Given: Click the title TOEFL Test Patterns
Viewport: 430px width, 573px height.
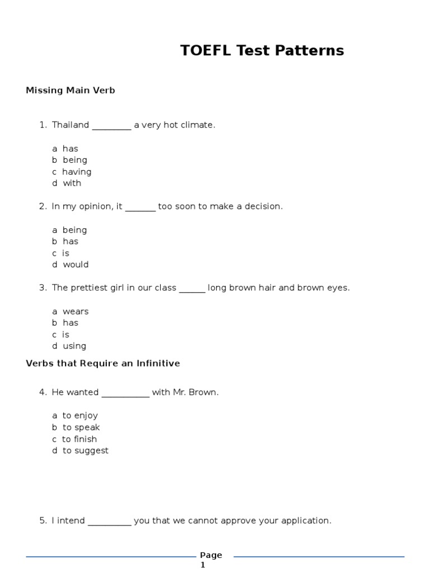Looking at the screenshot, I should click(x=262, y=51).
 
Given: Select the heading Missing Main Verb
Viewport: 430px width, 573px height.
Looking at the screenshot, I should click(x=71, y=91).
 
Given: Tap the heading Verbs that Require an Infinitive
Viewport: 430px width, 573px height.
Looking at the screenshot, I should click(x=103, y=364).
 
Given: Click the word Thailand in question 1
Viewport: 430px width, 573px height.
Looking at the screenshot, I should click(x=71, y=125).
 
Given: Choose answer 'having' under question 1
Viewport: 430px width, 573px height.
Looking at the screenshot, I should click(x=77, y=172).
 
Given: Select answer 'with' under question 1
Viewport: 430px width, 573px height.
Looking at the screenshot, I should click(x=72, y=184).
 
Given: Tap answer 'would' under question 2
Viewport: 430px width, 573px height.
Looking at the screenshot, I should click(x=76, y=265).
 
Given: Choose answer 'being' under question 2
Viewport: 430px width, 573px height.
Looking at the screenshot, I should click(x=74, y=230).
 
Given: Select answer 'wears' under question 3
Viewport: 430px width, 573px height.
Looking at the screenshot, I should click(x=76, y=312).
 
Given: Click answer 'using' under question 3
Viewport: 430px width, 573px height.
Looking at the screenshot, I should click(x=74, y=346).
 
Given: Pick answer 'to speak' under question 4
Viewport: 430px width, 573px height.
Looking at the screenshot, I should click(x=81, y=428).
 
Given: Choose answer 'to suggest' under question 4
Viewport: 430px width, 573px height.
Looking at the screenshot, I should click(x=86, y=451).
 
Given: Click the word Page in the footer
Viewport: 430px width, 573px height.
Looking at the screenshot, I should click(x=211, y=556).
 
